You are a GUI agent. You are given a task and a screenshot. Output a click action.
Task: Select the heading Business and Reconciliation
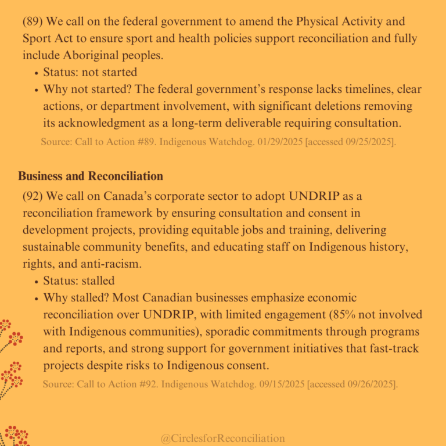[x=91, y=176]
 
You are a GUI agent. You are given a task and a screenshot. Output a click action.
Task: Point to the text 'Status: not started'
[x=90, y=73]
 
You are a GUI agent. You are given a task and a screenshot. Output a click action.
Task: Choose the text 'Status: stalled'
[x=79, y=280]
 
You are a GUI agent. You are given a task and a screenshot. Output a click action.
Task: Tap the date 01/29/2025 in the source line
[x=282, y=142]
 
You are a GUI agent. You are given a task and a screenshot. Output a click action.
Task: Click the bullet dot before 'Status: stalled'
[x=36, y=281]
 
